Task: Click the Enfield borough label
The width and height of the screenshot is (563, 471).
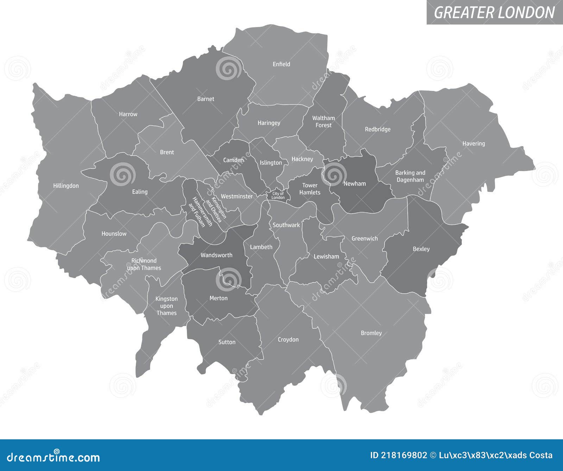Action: pyautogui.click(x=281, y=64)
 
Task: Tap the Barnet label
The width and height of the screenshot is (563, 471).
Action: pyautogui.click(x=205, y=99)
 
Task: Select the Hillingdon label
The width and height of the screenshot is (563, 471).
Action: pyautogui.click(x=66, y=186)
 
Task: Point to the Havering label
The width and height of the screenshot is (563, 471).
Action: pyautogui.click(x=473, y=144)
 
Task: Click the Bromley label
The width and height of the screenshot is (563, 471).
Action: pyautogui.click(x=371, y=333)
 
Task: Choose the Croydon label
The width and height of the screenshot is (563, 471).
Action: pyautogui.click(x=288, y=339)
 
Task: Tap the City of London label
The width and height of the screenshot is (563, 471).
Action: pyautogui.click(x=278, y=196)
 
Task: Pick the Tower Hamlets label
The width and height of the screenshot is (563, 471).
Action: pyautogui.click(x=310, y=189)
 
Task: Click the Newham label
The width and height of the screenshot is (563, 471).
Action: pyautogui.click(x=355, y=183)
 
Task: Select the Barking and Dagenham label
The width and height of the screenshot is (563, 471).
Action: pyautogui.click(x=410, y=176)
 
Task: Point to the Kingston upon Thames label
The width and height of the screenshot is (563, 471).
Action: pyautogui.click(x=166, y=306)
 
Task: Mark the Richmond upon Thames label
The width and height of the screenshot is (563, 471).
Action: pyautogui.click(x=144, y=264)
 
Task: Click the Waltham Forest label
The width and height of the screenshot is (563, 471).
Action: pyautogui.click(x=323, y=121)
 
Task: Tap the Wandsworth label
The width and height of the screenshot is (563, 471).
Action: pyautogui.click(x=216, y=255)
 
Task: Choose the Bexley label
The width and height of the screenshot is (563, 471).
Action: pyautogui.click(x=421, y=249)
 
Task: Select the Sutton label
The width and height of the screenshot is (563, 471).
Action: pyautogui.click(x=227, y=342)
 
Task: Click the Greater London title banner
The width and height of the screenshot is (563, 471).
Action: pyautogui.click(x=494, y=12)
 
